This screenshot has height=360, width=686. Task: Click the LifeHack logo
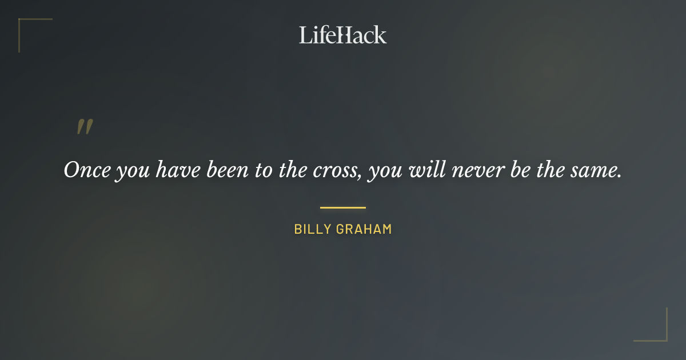click(343, 35)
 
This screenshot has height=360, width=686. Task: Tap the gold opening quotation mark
click(85, 127)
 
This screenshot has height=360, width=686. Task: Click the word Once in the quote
click(86, 170)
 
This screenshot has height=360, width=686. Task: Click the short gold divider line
click(343, 207)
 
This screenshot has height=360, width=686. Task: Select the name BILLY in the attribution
click(313, 229)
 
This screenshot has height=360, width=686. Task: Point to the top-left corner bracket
click(26, 26)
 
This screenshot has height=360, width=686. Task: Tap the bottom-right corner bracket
click(660, 334)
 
